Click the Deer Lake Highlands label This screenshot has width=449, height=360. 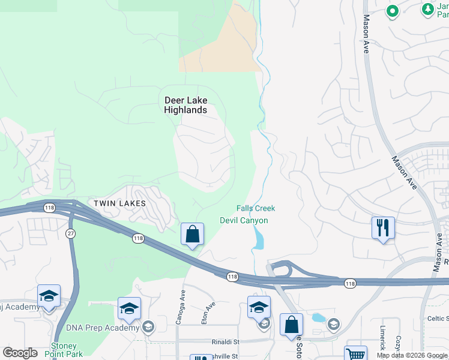click(185, 105)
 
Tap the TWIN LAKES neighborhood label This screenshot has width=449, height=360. click(119, 203)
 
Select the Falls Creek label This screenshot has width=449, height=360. click(256, 208)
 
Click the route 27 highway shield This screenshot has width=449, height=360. click(70, 233)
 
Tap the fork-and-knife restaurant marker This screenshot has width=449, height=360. click(383, 228)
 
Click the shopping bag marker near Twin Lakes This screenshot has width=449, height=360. click(192, 235)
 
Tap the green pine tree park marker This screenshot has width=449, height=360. click(427, 9)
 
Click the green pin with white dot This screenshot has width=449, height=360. click(392, 11)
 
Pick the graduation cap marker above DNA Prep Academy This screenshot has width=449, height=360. click(129, 308)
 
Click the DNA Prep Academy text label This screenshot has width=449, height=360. click(105, 328)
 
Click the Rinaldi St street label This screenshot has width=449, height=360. click(224, 342)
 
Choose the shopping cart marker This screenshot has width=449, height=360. click(355, 354)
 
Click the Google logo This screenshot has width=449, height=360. click(20, 353)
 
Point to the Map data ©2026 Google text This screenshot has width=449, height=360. click(412, 355)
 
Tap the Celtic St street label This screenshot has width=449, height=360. click(438, 318)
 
